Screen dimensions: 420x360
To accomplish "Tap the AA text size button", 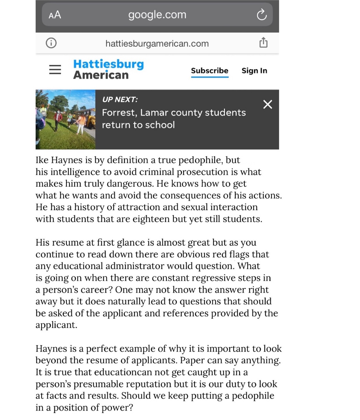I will (x=55, y=15).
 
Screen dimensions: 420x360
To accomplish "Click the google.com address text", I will (x=157, y=15).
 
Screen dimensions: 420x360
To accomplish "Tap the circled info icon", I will (x=51, y=43).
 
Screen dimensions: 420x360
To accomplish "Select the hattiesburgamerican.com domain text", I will (x=157, y=44).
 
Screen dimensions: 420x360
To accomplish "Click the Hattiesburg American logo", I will (x=108, y=69).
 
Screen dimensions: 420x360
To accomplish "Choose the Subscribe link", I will (x=210, y=71).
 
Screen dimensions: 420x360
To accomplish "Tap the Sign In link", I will (x=254, y=71).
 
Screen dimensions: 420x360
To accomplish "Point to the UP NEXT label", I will (x=120, y=100).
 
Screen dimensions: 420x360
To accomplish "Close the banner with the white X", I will (x=267, y=104).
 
